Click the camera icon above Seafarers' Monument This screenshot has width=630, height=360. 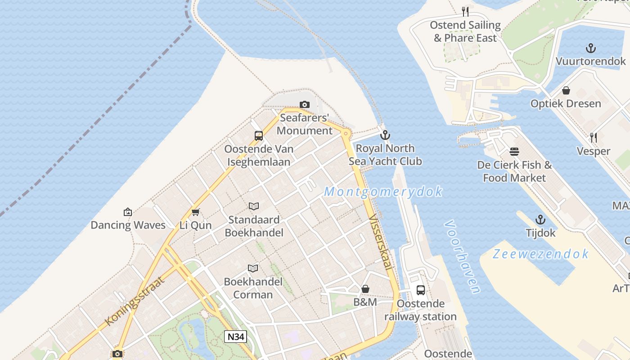pos(305,105)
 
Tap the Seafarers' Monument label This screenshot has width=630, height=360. pos(305,124)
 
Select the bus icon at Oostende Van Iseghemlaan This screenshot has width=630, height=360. pos(259,135)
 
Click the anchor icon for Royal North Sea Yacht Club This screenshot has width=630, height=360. pos(385,135)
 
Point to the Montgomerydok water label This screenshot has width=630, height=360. pos(383,192)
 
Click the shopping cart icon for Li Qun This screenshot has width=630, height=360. pos(195,212)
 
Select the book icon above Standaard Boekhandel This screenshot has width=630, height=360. pos(254,207)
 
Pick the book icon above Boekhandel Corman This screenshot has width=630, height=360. pos(253,269)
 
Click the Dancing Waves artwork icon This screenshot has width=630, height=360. pos(128,212)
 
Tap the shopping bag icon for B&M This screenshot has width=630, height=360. pos(365,289)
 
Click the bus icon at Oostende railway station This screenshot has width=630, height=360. pos(420,290)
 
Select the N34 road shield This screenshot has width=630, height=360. pos(235,337)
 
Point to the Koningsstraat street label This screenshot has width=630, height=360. pos(135,301)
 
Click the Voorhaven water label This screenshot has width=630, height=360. pos(462,256)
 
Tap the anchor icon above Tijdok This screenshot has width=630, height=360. pos(540,220)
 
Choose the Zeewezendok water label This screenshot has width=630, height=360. pos(540,254)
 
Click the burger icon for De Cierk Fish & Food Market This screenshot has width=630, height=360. pos(514,152)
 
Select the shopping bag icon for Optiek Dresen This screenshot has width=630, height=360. pos(566,90)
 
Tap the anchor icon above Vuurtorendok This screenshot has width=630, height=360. pos(590,48)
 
